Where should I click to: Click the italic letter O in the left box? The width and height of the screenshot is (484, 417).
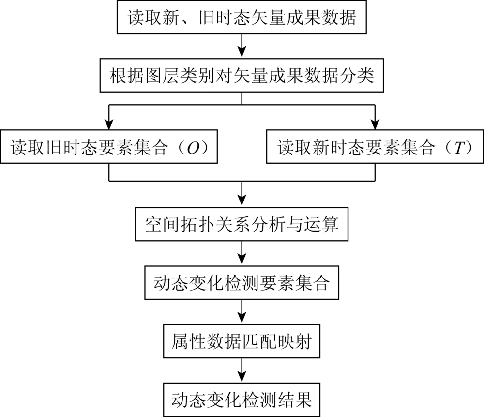(x=194, y=148)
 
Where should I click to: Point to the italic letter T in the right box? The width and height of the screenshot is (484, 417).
(x=459, y=148)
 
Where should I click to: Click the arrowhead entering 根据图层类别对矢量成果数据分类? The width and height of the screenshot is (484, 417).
(x=242, y=52)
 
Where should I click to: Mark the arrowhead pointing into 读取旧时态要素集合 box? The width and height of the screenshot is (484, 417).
(x=109, y=124)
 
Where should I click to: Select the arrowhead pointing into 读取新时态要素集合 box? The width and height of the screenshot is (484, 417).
(x=375, y=124)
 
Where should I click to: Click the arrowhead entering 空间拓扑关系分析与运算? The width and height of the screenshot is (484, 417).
(x=242, y=201)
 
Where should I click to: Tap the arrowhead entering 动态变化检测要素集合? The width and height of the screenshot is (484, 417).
(x=242, y=260)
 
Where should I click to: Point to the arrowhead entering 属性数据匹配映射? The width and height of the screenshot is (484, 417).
(x=242, y=319)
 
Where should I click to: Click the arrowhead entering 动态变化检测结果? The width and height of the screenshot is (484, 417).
(x=242, y=377)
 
